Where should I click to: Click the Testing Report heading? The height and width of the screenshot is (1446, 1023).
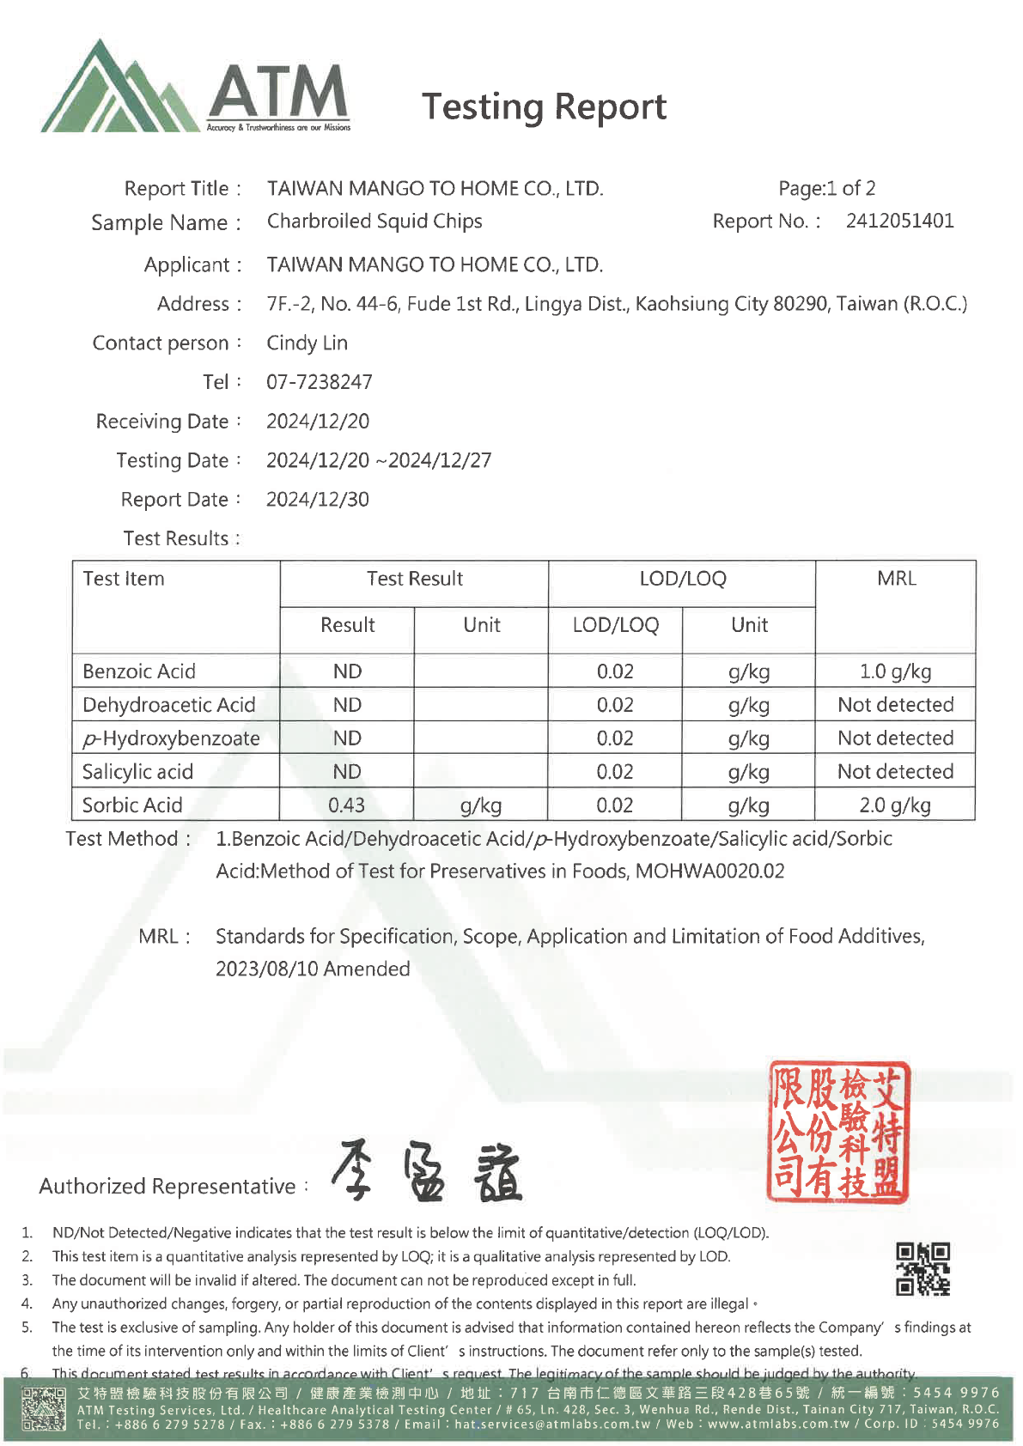pos(544,106)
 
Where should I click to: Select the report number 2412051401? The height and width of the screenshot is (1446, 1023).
pos(899,221)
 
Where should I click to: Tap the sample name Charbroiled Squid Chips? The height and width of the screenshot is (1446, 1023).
pos(374,222)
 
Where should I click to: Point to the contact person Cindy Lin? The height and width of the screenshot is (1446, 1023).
pos(307,343)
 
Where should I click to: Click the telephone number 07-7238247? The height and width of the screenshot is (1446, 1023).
pos(319,382)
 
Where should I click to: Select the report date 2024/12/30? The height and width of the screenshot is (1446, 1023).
pos(317,500)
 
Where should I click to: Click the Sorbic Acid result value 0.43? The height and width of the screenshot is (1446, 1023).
pos(346,805)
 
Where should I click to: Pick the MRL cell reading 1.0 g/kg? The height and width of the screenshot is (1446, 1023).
pos(895,671)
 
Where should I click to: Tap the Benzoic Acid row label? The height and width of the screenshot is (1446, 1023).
pos(139,671)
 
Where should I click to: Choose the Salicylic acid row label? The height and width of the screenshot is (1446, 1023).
pos(137,772)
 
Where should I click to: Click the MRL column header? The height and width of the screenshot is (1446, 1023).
pos(896,579)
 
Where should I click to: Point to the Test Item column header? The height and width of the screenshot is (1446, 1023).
pos(124,579)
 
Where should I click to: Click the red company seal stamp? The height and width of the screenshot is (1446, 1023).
pos(837,1132)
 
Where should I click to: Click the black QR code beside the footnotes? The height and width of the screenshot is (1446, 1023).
pos(923,1268)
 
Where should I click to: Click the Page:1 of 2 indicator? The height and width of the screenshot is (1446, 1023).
pos(826,188)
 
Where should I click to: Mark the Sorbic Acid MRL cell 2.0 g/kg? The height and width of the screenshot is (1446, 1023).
pos(895,805)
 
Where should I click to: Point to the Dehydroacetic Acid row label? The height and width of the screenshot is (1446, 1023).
pos(168,705)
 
